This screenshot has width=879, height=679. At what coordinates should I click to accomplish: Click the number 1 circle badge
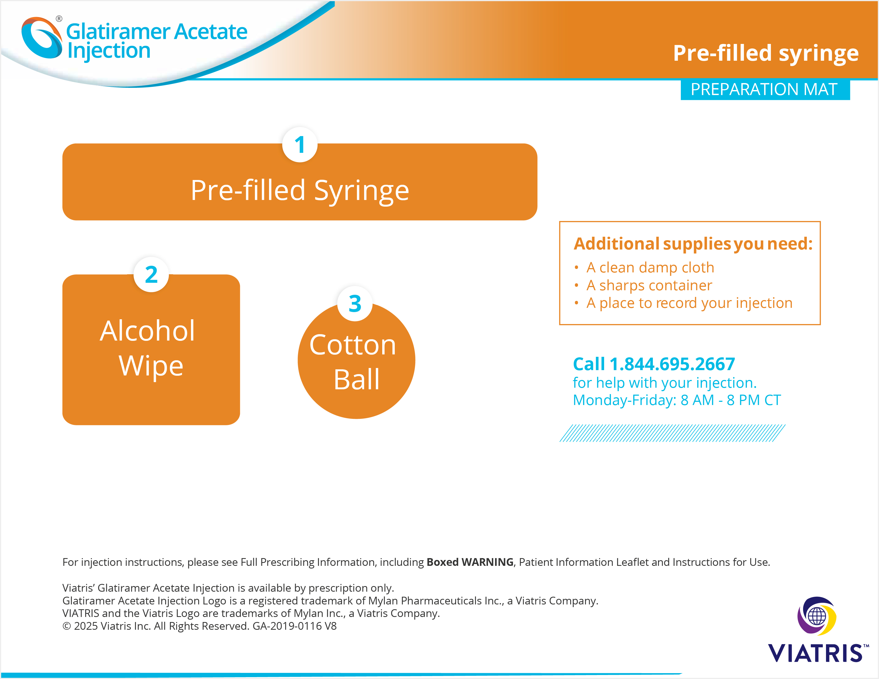(300, 145)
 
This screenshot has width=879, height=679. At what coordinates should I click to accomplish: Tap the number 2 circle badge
(151, 274)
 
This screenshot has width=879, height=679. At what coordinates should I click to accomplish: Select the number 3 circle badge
(355, 304)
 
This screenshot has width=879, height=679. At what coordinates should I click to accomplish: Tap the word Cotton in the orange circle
(353, 345)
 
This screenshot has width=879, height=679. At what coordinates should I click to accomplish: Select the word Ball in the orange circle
(357, 379)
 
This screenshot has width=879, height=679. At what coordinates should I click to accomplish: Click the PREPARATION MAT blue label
(765, 89)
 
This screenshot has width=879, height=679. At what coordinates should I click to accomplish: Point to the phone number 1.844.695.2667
(672, 364)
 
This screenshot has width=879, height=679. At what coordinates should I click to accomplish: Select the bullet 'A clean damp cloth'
(644, 268)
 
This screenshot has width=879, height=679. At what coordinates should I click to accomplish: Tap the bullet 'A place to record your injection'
(683, 303)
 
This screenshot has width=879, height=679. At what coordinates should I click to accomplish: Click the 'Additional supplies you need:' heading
(693, 244)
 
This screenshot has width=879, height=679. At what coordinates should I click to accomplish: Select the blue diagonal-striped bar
(672, 433)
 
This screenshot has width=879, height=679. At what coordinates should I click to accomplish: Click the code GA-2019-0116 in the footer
(287, 626)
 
